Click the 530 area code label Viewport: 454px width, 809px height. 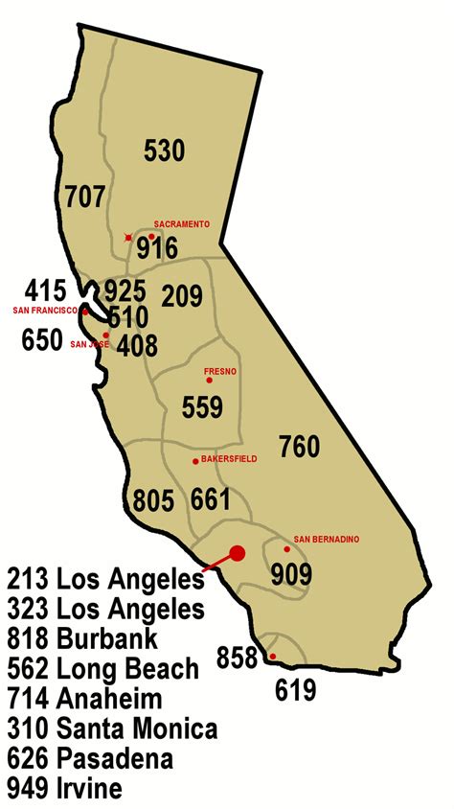point(164,150)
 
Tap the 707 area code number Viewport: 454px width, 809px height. point(84,197)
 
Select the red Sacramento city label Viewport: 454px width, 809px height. point(181,223)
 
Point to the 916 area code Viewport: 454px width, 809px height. point(157,249)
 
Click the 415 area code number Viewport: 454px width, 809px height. point(47,289)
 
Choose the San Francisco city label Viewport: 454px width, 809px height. point(44,311)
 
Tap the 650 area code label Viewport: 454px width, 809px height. point(43,339)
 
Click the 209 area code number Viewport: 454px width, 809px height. point(182,295)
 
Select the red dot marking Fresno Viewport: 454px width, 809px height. point(209,381)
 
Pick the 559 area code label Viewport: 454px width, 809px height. point(204,408)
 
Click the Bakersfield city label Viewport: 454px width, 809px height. point(229,460)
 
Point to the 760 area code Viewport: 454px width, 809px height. point(299,446)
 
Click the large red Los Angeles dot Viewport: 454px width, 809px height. point(238,552)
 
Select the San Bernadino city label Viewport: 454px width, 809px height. point(326,539)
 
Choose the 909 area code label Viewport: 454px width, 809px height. point(291,574)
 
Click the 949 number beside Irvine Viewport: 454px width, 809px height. point(28,789)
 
